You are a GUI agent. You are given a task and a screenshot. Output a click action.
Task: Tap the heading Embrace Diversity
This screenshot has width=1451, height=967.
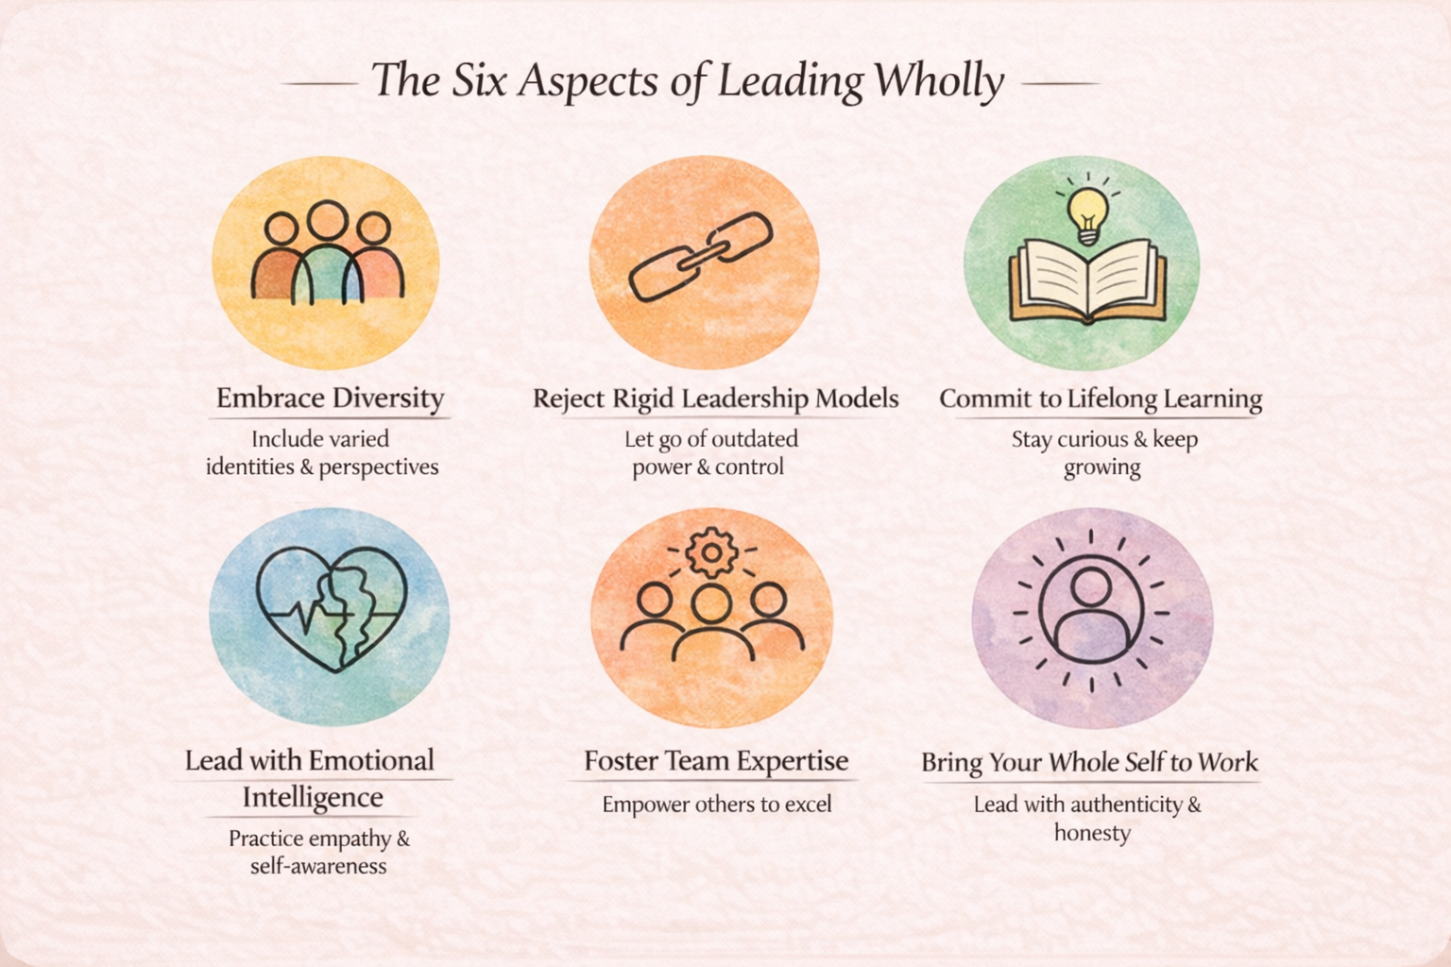coord(330,398)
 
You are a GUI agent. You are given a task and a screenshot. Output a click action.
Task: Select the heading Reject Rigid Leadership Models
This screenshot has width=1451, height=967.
coord(715,399)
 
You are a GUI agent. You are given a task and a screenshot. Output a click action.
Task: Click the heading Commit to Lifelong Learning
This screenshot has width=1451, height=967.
coord(1101,399)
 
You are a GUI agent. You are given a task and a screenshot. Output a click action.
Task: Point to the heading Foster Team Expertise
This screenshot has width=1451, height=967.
coord(716,761)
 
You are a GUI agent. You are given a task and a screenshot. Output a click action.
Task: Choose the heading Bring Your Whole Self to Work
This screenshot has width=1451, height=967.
coord(1089,762)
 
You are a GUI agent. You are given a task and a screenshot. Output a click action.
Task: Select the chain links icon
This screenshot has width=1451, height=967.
coord(701,257)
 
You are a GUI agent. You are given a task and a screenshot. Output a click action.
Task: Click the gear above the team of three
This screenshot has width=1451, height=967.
coord(710,552)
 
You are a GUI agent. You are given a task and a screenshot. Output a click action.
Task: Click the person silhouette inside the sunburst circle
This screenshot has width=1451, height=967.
coord(1091,612)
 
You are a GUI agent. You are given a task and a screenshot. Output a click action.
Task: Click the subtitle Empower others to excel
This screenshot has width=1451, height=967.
coord(717,805)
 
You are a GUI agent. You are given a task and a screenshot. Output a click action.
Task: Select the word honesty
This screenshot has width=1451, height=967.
coord(1092,833)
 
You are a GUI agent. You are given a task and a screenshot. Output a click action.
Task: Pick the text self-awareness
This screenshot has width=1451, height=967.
coord(318,867)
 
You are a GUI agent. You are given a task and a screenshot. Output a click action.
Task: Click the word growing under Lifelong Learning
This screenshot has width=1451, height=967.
coord(1101,467)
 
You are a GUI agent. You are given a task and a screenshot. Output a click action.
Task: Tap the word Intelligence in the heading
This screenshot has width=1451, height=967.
coord(313,798)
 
